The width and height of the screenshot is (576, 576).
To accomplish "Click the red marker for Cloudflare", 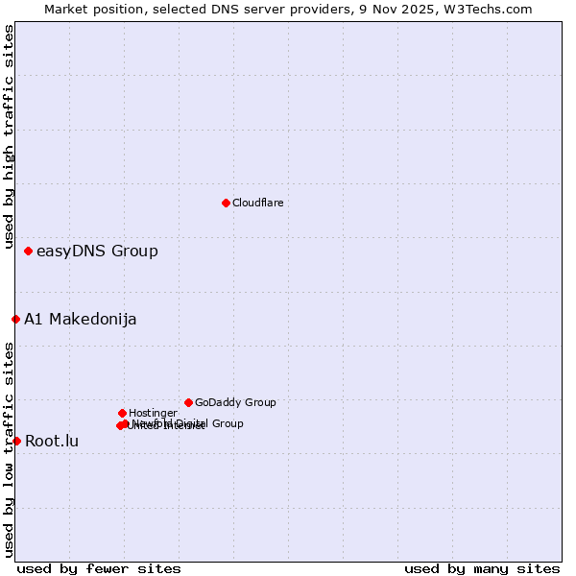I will tap(226, 203).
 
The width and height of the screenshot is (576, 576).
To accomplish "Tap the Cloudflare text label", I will tap(258, 204).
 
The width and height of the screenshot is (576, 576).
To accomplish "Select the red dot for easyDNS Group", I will tap(28, 251).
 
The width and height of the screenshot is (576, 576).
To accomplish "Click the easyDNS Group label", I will tap(97, 252).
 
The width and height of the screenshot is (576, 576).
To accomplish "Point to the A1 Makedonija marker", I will tap(15, 319).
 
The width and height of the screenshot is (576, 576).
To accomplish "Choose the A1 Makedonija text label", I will tap(81, 320).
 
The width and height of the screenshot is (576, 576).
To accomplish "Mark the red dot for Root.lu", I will tap(16, 441).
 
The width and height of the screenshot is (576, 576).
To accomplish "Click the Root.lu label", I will tap(52, 442).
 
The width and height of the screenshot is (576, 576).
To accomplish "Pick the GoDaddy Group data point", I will tap(188, 402).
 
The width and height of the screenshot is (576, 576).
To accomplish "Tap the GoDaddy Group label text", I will tap(235, 403).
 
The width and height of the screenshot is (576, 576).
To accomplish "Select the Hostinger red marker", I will tap(122, 413).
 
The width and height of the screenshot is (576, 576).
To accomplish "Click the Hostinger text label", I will tap(154, 414).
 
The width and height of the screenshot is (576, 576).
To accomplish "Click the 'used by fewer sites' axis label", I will tap(99, 568).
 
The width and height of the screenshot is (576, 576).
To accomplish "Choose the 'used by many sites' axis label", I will tap(482, 568).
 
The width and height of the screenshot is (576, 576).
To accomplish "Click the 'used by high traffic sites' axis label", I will tap(9, 136).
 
